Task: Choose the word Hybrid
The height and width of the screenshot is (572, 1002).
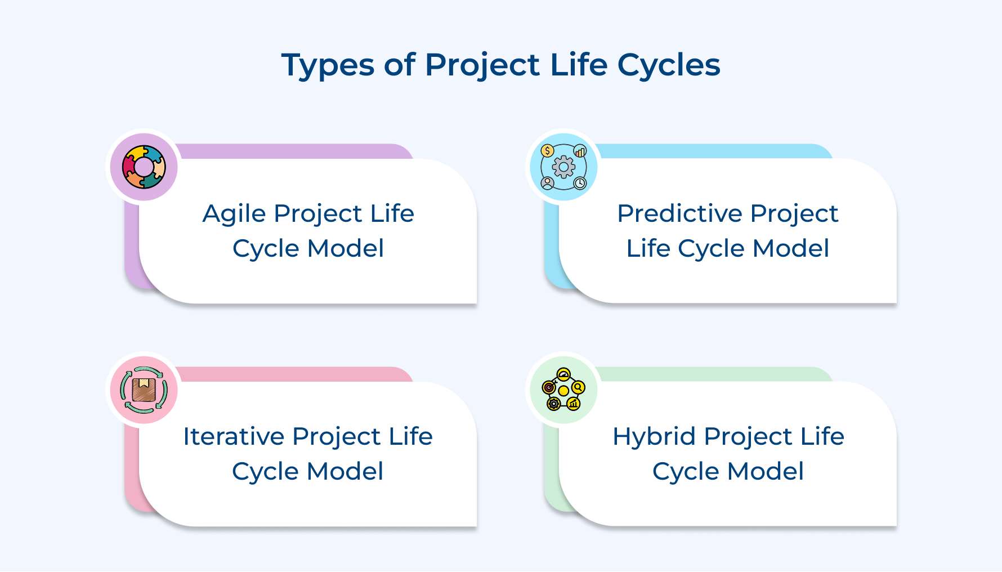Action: click(654, 437)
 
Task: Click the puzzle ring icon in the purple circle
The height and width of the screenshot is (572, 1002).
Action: click(144, 167)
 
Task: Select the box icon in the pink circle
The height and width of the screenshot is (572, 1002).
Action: click(144, 389)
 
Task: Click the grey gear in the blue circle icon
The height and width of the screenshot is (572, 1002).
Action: click(563, 167)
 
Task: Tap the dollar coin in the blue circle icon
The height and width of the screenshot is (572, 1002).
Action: click(547, 151)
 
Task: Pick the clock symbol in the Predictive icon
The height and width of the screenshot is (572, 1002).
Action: click(580, 183)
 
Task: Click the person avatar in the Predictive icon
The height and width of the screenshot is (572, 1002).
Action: click(547, 183)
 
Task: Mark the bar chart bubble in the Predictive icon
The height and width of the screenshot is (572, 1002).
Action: click(580, 151)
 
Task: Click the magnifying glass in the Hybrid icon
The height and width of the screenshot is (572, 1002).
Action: click(578, 387)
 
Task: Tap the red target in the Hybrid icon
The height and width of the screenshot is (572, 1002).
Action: click(549, 387)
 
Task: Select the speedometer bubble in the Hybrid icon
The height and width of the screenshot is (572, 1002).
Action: click(563, 375)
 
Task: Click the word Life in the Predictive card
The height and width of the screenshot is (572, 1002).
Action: click(648, 248)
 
